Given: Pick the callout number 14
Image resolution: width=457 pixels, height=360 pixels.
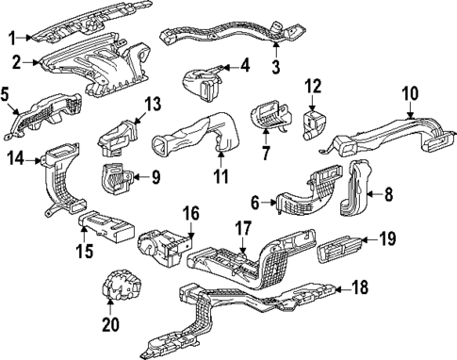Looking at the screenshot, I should pos(14,159).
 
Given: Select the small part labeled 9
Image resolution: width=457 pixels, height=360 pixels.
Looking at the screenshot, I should pos(116,177).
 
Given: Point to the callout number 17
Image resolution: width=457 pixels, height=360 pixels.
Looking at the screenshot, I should pos(242,226).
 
